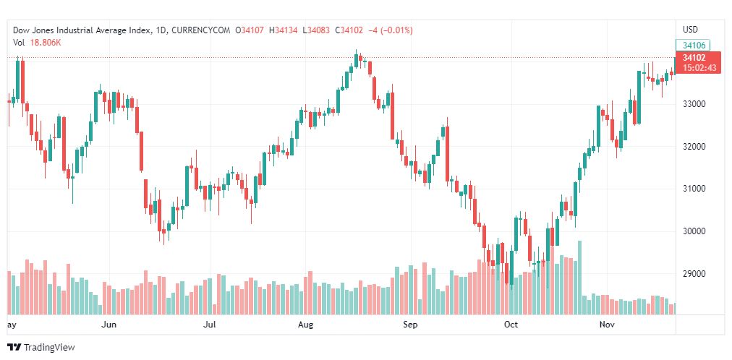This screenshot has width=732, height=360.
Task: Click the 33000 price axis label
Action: [x=694, y=104]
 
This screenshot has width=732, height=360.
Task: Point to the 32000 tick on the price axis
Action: [x=694, y=147]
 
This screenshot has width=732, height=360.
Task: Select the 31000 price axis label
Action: [x=694, y=189]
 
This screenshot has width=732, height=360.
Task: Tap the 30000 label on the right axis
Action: [x=694, y=231]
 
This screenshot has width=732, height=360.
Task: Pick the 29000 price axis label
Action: [x=694, y=274]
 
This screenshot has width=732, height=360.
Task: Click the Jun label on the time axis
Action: [x=109, y=325]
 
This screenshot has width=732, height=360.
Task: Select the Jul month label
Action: [x=210, y=325]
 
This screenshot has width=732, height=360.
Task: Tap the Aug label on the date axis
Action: [x=305, y=325]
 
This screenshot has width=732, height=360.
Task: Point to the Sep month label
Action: [x=410, y=325]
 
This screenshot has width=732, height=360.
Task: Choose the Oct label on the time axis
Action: [x=511, y=325]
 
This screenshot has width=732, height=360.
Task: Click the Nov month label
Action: [x=608, y=325]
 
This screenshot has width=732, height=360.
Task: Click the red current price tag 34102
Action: [x=694, y=57]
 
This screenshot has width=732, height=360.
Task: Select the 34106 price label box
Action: [x=694, y=45]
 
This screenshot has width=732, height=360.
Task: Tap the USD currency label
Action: [x=690, y=30]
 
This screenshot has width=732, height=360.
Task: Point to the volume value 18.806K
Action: [x=46, y=43]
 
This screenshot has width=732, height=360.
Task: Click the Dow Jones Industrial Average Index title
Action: [x=82, y=30]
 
